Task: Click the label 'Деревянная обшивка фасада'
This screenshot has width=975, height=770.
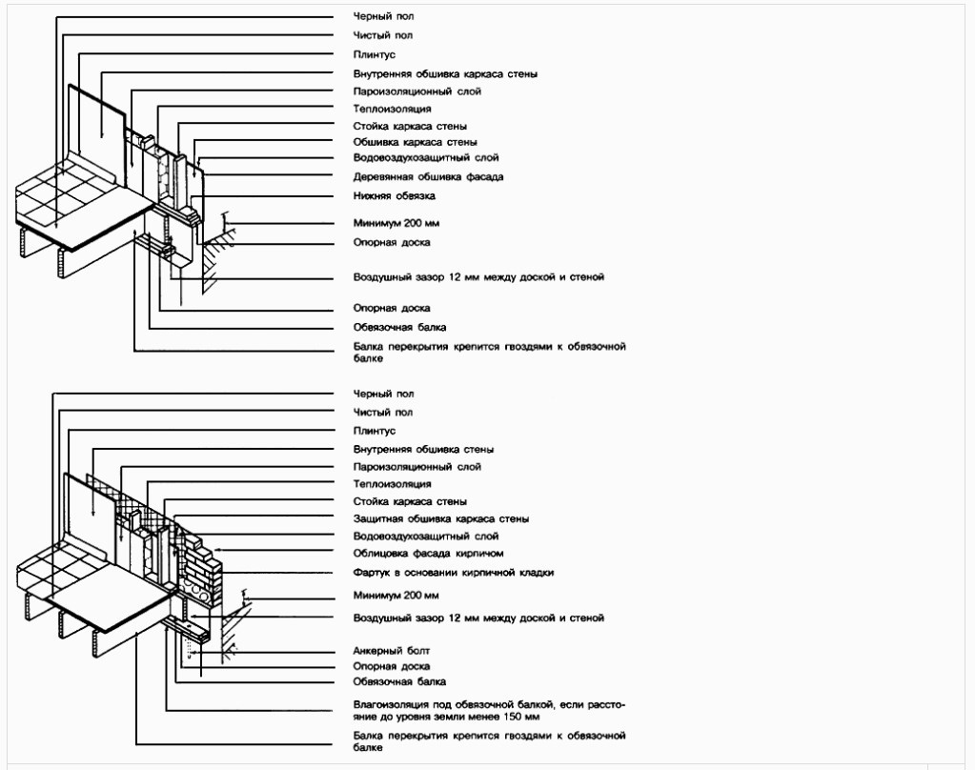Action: point(428,176)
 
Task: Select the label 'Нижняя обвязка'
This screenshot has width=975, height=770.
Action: point(394,196)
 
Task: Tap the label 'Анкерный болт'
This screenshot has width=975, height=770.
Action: point(391,651)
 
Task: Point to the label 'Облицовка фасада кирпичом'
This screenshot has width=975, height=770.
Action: point(428,553)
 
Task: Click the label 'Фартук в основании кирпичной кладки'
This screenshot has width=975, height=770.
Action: point(454,572)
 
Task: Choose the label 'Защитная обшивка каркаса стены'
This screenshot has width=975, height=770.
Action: point(441,518)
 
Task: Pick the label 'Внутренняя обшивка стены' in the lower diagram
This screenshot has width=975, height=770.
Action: point(423,449)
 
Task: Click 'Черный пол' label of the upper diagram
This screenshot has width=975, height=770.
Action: point(383,16)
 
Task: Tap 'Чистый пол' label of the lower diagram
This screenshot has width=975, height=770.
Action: point(382,413)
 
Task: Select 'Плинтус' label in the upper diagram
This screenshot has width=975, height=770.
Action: point(374,54)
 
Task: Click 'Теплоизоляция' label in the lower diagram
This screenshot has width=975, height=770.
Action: point(392,484)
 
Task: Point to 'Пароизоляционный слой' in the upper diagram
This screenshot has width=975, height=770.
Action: point(416,91)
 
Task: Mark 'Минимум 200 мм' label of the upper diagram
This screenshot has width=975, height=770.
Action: point(396,223)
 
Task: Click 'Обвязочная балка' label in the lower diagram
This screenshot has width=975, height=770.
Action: point(399,681)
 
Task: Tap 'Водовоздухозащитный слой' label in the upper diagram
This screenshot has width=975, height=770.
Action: point(426,158)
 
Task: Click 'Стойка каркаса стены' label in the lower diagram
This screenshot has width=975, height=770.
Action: point(410,501)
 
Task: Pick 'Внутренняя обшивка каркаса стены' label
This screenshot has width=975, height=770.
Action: point(445,74)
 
